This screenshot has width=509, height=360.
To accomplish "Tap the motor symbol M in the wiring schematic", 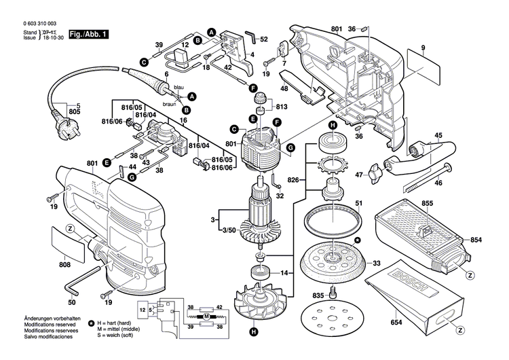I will (206, 317).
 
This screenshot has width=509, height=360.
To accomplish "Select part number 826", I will (293, 179).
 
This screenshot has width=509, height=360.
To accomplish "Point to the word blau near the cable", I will (178, 88).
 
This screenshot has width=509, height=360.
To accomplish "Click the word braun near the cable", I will (170, 105).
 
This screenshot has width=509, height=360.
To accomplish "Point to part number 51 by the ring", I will (360, 202).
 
